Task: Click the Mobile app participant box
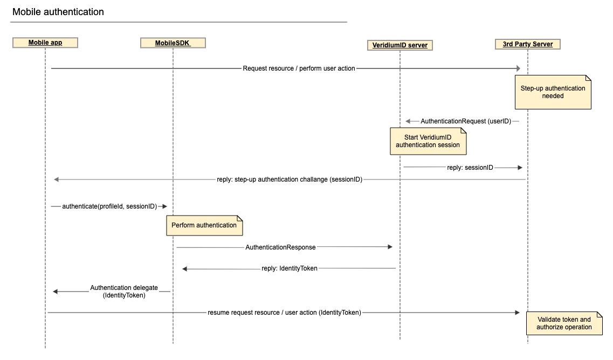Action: (x=45, y=43)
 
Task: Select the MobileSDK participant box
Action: (x=173, y=43)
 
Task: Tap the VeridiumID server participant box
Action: (x=400, y=45)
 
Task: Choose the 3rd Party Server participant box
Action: (x=527, y=44)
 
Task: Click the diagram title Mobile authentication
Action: (x=58, y=12)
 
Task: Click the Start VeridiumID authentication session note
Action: (x=428, y=141)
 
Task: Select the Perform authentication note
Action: (x=204, y=225)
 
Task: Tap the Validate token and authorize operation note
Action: (x=563, y=323)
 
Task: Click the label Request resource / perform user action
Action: (x=299, y=68)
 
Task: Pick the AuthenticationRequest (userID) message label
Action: (x=465, y=121)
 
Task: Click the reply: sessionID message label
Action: (x=470, y=168)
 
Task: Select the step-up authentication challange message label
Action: (x=290, y=179)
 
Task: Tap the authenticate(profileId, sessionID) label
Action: (x=109, y=206)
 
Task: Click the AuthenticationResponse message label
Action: (x=280, y=247)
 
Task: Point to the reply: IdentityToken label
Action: (x=290, y=268)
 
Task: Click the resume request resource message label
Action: (x=284, y=312)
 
